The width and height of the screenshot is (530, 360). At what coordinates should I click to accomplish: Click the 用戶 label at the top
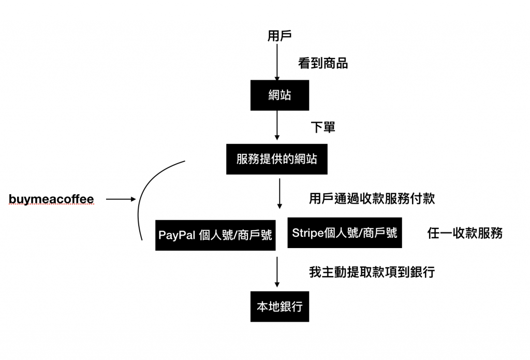pos(279,36)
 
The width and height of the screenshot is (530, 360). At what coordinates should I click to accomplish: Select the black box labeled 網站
pos(279,95)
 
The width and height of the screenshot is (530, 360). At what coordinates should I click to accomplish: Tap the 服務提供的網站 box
pos(276,159)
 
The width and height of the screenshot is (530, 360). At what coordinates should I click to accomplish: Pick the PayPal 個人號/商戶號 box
pos(215,235)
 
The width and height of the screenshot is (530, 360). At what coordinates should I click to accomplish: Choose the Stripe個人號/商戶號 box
pos(345,233)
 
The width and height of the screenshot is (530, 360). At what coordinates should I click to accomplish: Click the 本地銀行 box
pos(279,306)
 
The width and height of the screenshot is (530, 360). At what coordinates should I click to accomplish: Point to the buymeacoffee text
pos(52,199)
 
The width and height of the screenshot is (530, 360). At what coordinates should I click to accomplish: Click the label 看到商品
pos(323,64)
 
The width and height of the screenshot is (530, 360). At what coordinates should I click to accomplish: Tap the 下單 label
pos(322,127)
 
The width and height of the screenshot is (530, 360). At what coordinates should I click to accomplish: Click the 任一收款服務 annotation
pos(465,233)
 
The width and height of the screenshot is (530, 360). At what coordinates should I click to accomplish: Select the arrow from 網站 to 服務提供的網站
pos(277,125)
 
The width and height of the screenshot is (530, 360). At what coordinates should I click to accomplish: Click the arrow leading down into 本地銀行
pos(277,271)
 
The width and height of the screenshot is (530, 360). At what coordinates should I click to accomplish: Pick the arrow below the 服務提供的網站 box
pos(279,193)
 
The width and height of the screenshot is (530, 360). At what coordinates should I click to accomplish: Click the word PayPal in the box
pos(176,235)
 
